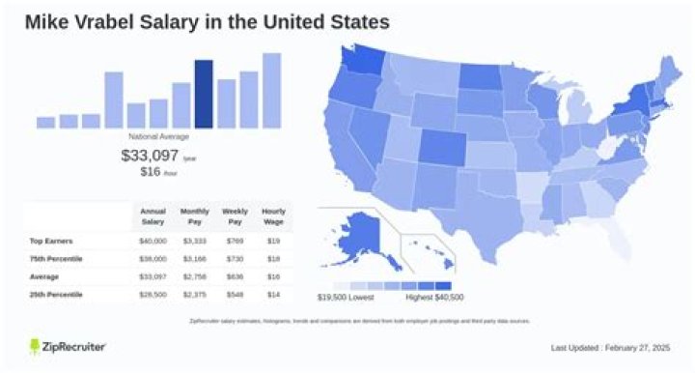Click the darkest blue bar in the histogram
(204, 95)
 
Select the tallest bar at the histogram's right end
(271, 91)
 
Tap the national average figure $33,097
(150, 155)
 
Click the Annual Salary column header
(152, 214)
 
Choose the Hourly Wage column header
(273, 214)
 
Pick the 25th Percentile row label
(56, 293)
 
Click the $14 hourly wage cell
(273, 293)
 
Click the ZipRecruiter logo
(68, 346)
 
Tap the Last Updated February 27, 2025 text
(609, 348)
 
